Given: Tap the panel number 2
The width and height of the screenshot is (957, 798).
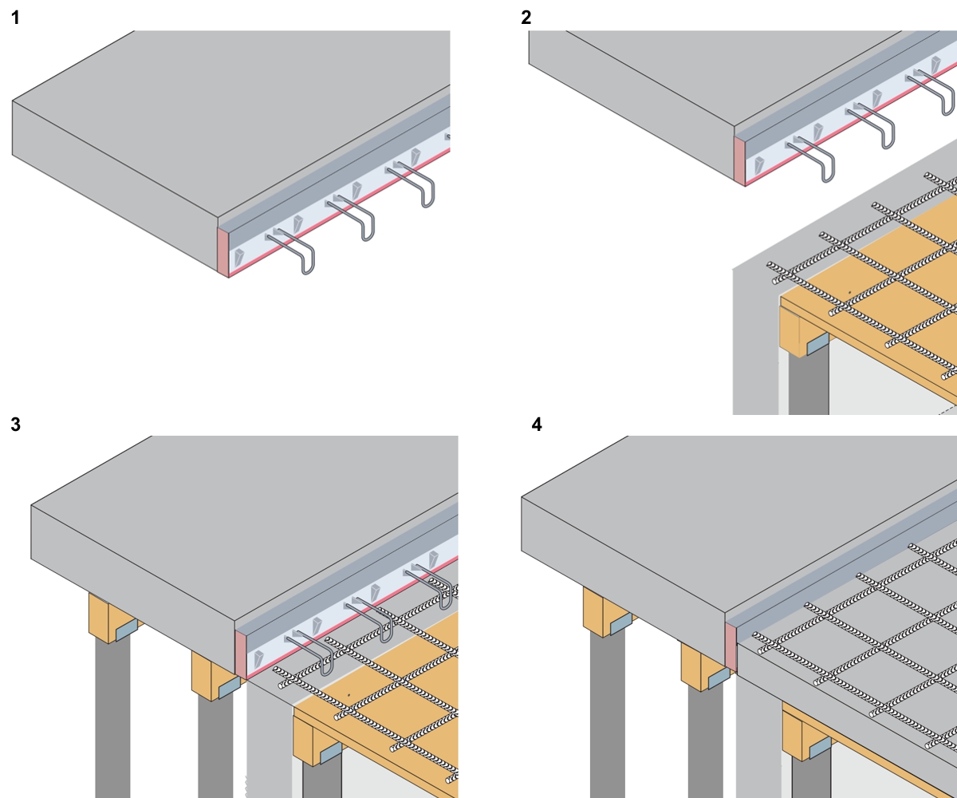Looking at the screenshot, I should [526, 18].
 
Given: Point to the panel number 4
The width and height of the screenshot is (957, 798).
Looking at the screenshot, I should [537, 425].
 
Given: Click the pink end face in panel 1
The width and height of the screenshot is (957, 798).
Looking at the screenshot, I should [223, 251].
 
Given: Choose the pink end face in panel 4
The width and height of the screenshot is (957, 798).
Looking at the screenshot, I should [731, 645].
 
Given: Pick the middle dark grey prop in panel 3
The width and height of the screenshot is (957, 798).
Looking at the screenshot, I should [215, 746].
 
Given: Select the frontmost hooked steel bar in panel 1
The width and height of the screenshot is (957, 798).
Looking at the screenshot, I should [297, 251].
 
